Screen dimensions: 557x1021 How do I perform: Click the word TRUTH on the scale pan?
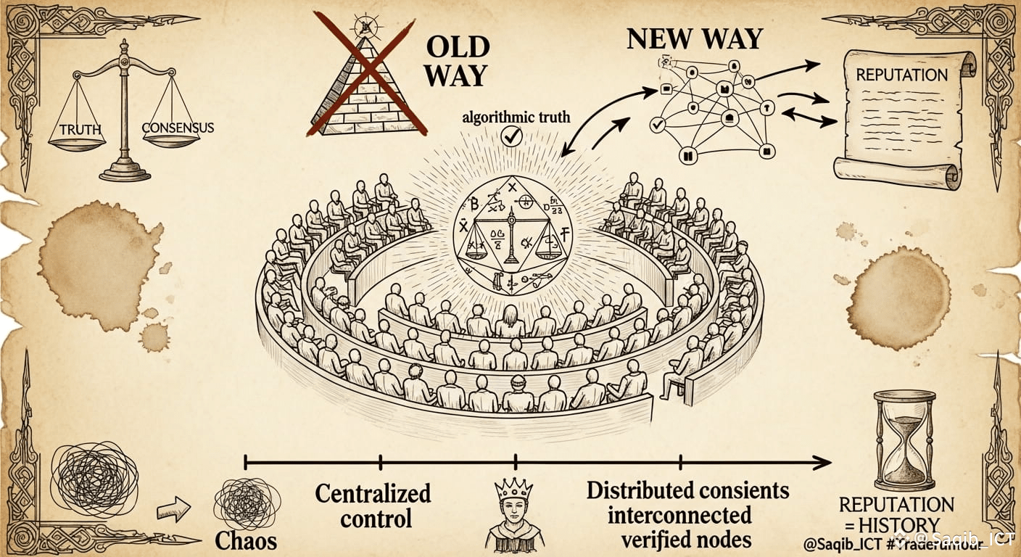pyautogui.click(x=80, y=130)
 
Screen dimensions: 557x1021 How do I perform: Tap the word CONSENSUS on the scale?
pyautogui.click(x=178, y=128)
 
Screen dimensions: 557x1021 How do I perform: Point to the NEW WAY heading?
pyautogui.click(x=694, y=38)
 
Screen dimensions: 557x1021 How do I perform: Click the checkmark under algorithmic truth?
pyautogui.click(x=512, y=136)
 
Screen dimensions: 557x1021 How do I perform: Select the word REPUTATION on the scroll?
pyautogui.click(x=901, y=75)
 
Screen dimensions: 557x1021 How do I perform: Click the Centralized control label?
pyautogui.click(x=373, y=506)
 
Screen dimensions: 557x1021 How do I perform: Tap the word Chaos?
pyautogui.click(x=246, y=540)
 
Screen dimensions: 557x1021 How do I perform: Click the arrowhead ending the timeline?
pyautogui.click(x=822, y=462)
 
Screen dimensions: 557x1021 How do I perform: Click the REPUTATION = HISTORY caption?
pyautogui.click(x=896, y=514)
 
